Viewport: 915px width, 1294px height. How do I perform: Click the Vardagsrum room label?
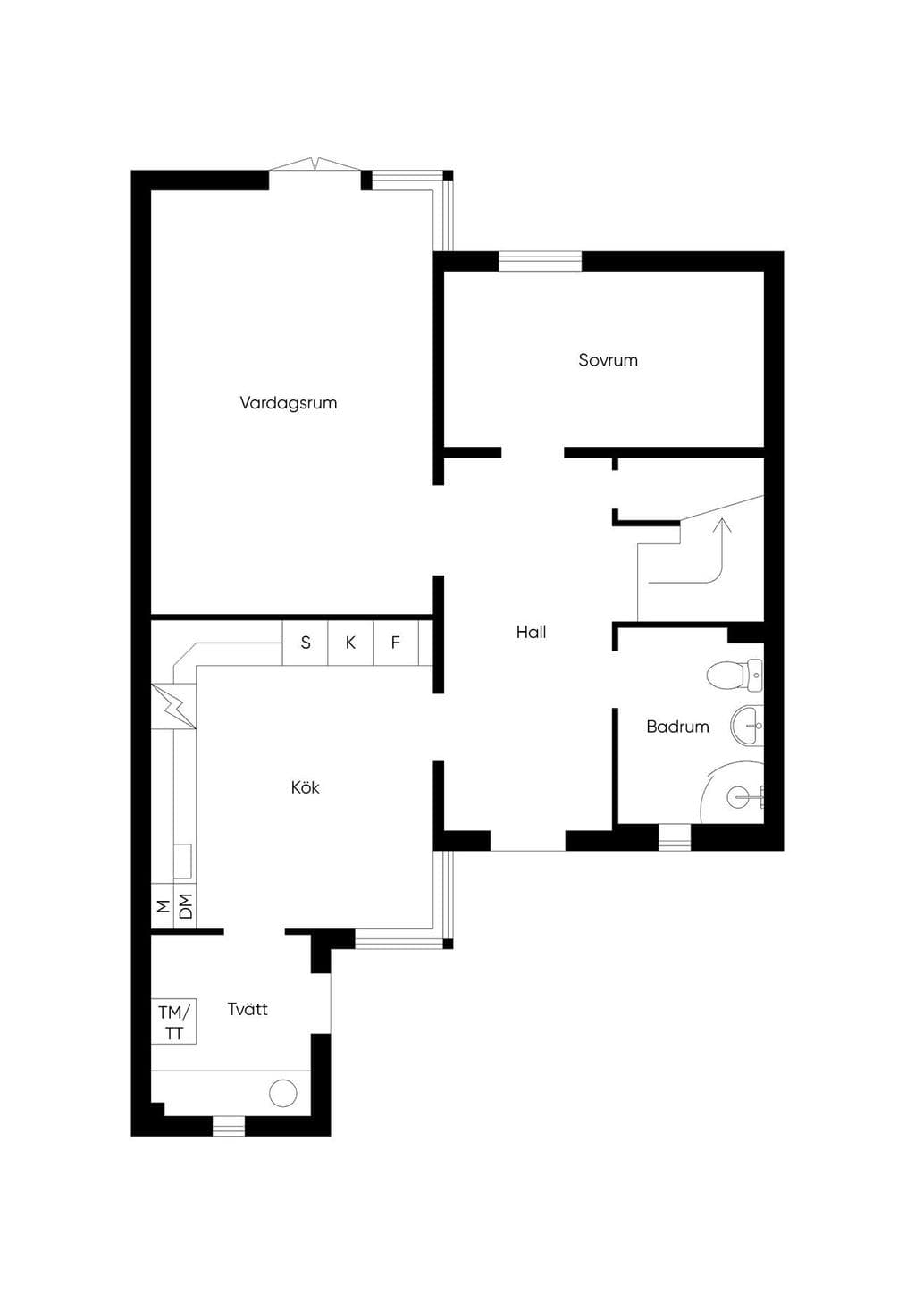pyautogui.click(x=289, y=403)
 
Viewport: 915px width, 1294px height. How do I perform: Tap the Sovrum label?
pyautogui.click(x=609, y=360)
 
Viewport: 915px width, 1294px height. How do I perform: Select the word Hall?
pyautogui.click(x=531, y=632)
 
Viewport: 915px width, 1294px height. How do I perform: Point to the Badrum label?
pyautogui.click(x=677, y=727)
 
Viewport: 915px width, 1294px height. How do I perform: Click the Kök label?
pyautogui.click(x=305, y=786)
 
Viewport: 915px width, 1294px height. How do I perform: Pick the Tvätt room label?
pyautogui.click(x=248, y=1009)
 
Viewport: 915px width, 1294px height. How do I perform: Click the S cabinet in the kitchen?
pyautogui.click(x=305, y=643)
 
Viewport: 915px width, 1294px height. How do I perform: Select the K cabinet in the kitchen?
pyautogui.click(x=350, y=643)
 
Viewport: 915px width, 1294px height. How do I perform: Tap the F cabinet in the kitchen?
pyautogui.click(x=396, y=643)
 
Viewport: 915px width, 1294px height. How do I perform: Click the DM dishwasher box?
pyautogui.click(x=185, y=906)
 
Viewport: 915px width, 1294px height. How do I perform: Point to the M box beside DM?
pyautogui.click(x=163, y=906)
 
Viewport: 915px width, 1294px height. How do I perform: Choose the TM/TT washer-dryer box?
pyautogui.click(x=173, y=1021)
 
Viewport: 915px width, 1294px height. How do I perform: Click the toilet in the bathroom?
pyautogui.click(x=735, y=675)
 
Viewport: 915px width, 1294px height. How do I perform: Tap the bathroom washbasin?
pyautogui.click(x=748, y=726)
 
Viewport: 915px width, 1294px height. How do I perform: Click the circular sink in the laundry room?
pyautogui.click(x=283, y=1093)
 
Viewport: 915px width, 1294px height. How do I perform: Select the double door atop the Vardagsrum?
pyautogui.click(x=315, y=164)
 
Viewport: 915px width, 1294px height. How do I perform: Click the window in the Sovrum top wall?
pyautogui.click(x=540, y=261)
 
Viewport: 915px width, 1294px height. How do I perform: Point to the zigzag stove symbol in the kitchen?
pyautogui.click(x=174, y=706)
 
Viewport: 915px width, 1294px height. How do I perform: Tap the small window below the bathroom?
pyautogui.click(x=675, y=837)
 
